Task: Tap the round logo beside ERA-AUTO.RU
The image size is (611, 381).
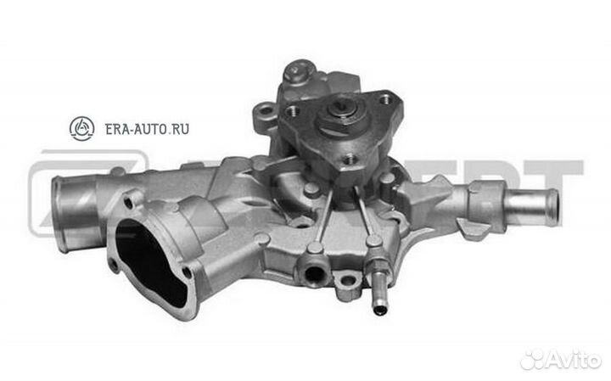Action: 82,129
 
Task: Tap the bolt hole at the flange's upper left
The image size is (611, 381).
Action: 292,110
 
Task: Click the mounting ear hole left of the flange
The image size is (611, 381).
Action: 266,109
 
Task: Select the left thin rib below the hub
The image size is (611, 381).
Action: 323,212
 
